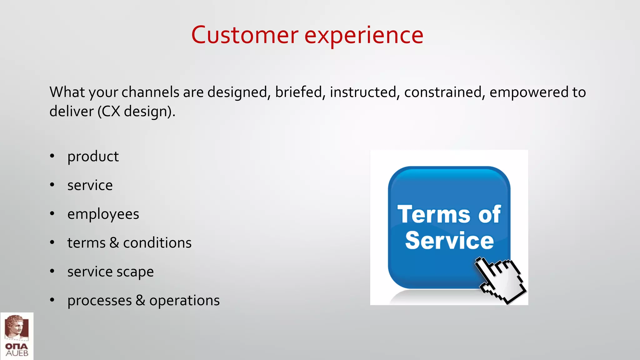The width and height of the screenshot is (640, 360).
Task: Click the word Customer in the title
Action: [245, 35]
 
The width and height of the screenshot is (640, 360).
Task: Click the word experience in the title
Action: [364, 35]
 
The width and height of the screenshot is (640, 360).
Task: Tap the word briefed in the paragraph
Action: [298, 92]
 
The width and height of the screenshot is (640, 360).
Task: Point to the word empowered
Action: [528, 92]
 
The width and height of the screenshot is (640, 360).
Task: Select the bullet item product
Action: [93, 156]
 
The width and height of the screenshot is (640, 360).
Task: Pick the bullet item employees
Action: [103, 214]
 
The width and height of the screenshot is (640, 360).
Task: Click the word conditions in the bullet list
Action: [157, 243]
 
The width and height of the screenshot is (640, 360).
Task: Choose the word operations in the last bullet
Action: [184, 301]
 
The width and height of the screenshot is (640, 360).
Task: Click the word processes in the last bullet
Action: [100, 301]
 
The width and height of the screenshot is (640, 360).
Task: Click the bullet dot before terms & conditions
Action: [52, 242]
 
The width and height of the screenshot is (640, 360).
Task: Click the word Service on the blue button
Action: [449, 241]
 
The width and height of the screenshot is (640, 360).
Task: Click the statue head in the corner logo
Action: [16, 327]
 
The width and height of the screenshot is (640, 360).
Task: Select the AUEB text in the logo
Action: [17, 353]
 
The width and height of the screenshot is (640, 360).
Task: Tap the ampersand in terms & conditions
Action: [114, 243]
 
